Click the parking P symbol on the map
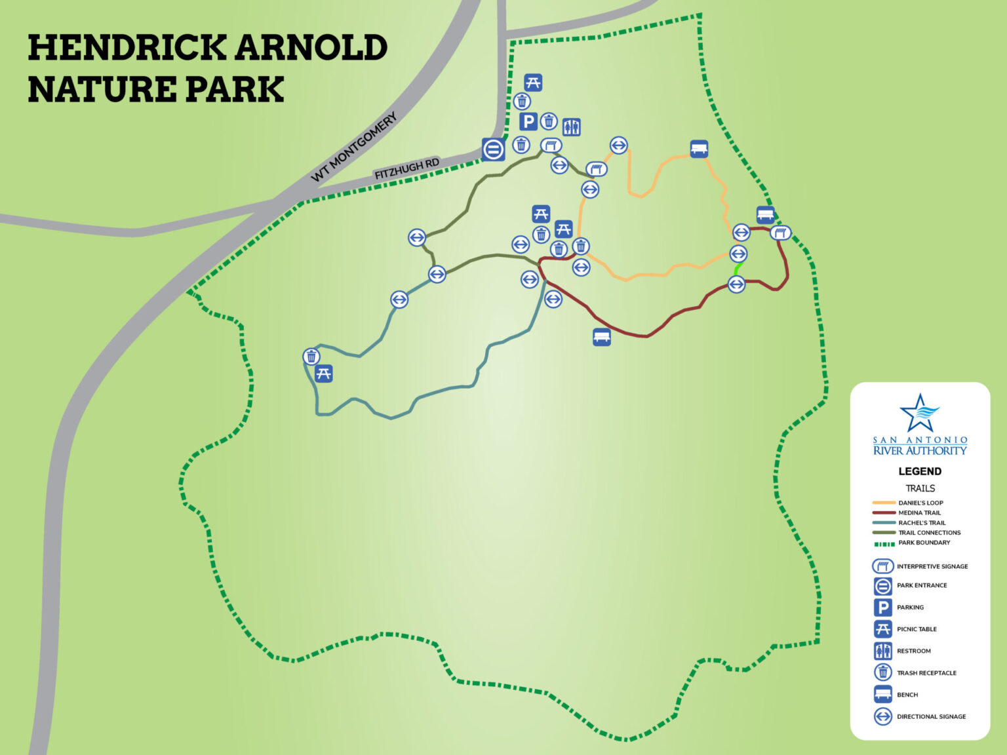(528, 121)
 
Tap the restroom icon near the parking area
(571, 126)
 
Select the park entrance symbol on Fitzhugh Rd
(493, 149)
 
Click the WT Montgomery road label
(354, 147)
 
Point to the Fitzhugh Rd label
(406, 168)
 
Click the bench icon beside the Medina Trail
(601, 337)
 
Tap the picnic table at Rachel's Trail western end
(323, 374)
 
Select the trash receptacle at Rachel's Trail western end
(311, 357)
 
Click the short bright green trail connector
(737, 269)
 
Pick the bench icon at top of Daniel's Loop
(699, 149)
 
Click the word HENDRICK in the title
(127, 48)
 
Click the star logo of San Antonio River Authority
(919, 412)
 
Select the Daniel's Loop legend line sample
(884, 503)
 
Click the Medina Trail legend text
(919, 513)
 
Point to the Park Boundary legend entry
(924, 543)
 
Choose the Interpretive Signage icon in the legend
(883, 566)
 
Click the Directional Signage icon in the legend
(883, 716)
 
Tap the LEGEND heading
(920, 471)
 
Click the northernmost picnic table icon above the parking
(533, 83)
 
